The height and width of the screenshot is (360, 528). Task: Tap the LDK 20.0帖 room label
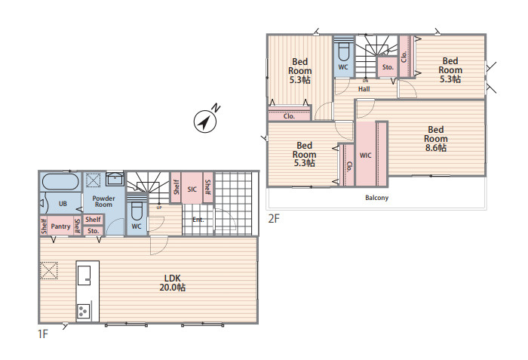(173, 283)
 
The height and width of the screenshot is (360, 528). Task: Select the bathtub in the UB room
(60, 183)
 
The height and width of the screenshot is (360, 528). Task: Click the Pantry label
(60, 226)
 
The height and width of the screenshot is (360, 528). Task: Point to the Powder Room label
(104, 202)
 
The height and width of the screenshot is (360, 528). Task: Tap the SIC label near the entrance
(192, 189)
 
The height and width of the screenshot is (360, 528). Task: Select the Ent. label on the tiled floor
(198, 220)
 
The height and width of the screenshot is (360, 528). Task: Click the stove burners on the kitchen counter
(84, 311)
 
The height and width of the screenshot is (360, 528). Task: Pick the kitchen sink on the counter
(84, 275)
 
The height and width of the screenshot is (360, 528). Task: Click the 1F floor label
(43, 334)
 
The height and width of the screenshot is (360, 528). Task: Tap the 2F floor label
(274, 219)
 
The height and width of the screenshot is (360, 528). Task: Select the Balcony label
(377, 198)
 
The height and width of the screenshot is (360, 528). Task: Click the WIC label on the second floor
(366, 155)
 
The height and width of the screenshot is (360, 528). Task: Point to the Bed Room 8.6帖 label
(436, 139)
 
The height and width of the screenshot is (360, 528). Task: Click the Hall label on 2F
(364, 89)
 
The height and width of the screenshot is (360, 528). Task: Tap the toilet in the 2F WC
(343, 51)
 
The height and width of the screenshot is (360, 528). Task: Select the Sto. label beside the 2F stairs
(388, 67)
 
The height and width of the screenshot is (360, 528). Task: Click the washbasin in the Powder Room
(115, 179)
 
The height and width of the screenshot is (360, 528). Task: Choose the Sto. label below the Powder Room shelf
(94, 231)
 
